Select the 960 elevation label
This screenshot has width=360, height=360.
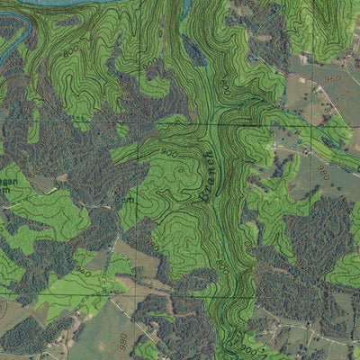[334, 79]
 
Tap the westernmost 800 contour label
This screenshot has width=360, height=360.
[68, 53]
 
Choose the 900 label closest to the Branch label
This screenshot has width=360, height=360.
[170, 154]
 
